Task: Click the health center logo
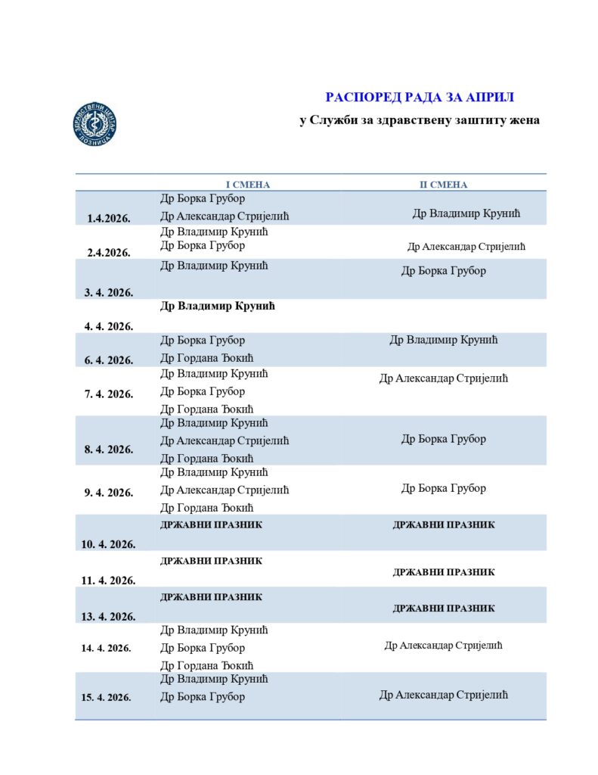tap(95, 123)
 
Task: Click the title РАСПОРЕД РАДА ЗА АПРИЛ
tap(419, 97)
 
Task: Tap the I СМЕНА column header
tap(248, 185)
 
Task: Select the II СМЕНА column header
tap(444, 185)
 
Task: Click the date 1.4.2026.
tap(109, 219)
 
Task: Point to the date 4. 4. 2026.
tap(109, 326)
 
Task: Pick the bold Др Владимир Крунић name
tap(216, 307)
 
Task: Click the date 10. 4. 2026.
tap(109, 543)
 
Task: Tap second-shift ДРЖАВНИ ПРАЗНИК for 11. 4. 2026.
tap(444, 572)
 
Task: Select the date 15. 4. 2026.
tap(106, 697)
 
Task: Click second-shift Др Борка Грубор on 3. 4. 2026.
tap(444, 270)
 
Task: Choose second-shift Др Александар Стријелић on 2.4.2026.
tap(466, 247)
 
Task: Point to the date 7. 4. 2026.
tap(109, 394)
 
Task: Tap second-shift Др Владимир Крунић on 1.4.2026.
tap(466, 213)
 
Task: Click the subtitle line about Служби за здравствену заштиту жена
tap(419, 120)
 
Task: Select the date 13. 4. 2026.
tap(109, 617)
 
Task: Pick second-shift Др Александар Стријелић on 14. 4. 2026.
tap(444, 646)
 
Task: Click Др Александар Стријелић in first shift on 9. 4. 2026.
tap(225, 490)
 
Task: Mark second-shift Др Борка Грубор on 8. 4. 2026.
tap(444, 439)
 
